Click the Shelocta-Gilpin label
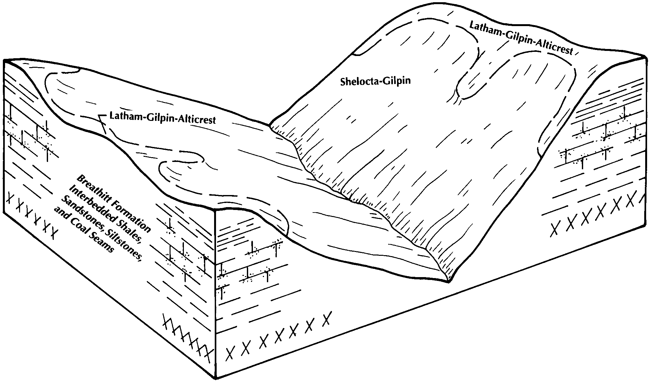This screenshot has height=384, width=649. click(x=375, y=81)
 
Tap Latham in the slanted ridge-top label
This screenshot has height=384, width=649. click(x=482, y=30)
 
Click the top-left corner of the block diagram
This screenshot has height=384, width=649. click(x=4, y=60)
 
